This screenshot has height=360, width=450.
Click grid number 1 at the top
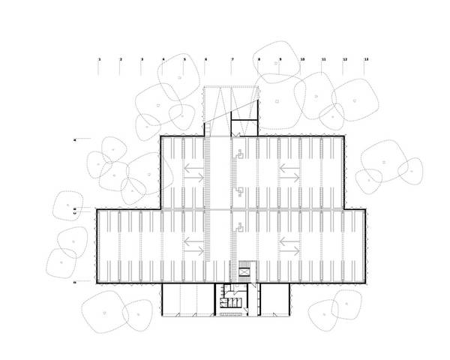(x=99, y=58)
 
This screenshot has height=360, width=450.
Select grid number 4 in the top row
(x=163, y=58)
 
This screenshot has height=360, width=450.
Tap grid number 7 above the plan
(x=232, y=58)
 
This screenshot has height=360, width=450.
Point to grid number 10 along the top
(x=302, y=58)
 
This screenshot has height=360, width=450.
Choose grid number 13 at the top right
(x=366, y=58)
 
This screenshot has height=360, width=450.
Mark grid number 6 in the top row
(x=205, y=58)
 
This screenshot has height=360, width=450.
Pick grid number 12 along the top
(x=345, y=58)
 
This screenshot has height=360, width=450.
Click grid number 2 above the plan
(x=120, y=58)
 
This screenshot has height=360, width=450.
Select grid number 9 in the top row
(x=280, y=58)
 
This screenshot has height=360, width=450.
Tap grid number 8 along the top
(x=259, y=58)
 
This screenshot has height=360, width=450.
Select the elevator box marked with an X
(x=245, y=271)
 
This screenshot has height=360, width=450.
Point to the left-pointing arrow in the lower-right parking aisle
(x=289, y=241)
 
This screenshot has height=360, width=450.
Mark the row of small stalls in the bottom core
(x=231, y=302)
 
